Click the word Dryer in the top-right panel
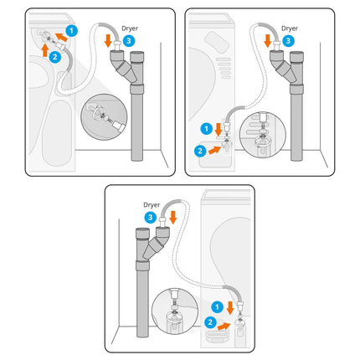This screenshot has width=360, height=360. pos(290,27)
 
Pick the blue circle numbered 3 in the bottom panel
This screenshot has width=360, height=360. pos(148,218)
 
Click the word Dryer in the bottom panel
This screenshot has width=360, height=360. pos(152,204)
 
